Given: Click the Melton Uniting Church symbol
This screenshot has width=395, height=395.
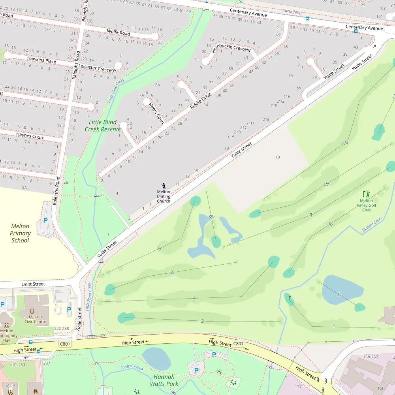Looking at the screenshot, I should [x=164, y=185].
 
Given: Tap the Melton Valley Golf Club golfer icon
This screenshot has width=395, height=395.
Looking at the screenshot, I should [x=366, y=194].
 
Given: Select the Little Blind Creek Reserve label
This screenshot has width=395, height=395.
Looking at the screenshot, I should [x=102, y=126].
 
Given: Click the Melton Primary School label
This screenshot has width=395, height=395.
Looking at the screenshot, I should [x=20, y=233].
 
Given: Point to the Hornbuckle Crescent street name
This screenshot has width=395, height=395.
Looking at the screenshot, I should [x=231, y=49].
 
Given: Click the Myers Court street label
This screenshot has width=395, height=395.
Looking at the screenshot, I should [x=156, y=114].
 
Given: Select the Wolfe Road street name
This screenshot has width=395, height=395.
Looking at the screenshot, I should [x=118, y=32].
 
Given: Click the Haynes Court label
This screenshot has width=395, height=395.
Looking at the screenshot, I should [x=30, y=136].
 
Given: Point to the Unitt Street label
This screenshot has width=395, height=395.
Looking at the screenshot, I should [x=33, y=284].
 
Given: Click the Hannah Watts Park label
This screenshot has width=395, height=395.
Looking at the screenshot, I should [x=164, y=380].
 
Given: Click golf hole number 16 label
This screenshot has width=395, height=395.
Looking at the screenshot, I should [x=345, y=143].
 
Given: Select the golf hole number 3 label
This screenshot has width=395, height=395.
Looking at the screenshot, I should [x=194, y=298].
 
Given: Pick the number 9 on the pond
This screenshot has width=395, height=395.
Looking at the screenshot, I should [x=339, y=294].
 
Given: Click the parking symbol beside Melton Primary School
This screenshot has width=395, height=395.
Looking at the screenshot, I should [x=45, y=220].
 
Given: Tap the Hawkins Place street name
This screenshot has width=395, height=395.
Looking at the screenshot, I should [x=41, y=60].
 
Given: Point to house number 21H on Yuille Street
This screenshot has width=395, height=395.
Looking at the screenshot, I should [x=287, y=97].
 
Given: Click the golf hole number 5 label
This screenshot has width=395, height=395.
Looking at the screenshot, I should [x=159, y=248].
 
